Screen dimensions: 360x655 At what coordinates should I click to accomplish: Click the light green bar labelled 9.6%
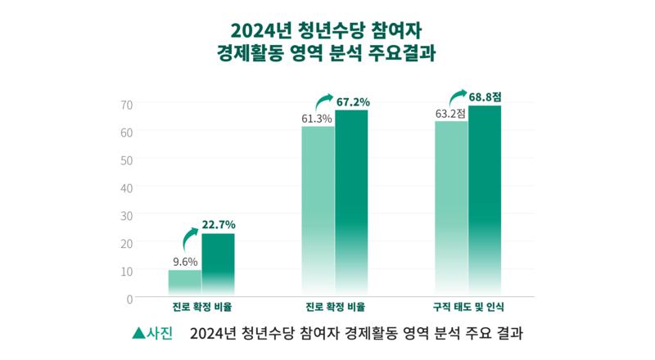click(185, 283)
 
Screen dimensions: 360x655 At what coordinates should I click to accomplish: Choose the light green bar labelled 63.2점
click(451, 209)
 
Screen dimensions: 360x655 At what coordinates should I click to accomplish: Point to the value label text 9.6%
click(184, 262)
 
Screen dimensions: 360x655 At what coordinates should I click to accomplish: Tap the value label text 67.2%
click(353, 102)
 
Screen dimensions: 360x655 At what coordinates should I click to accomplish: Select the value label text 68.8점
click(486, 97)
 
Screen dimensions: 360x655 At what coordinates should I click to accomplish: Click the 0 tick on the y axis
click(129, 298)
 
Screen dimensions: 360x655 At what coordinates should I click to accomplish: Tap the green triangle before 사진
click(138, 335)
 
